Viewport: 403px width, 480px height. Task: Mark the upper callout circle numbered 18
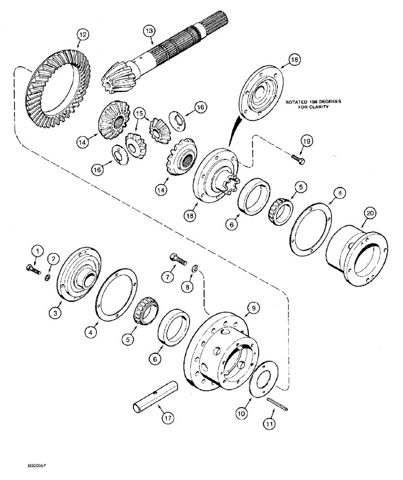click(x=294, y=59)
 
